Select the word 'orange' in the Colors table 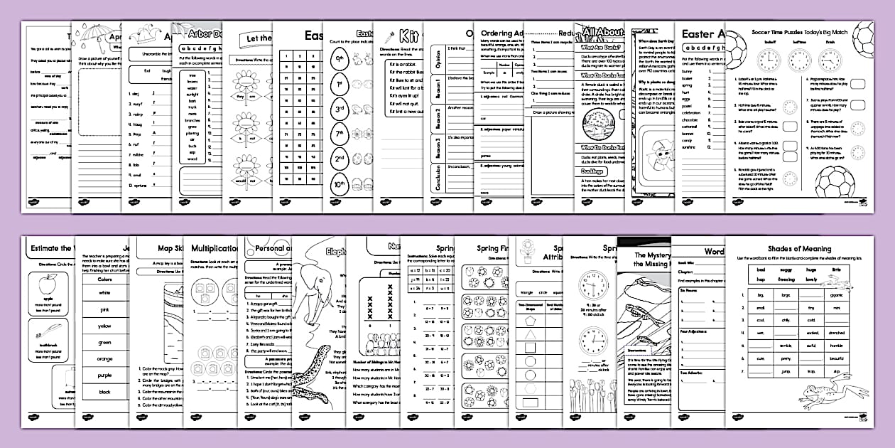[x=104, y=358]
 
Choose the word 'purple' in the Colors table [x=104, y=375]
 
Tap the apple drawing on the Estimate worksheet [x=48, y=285]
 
